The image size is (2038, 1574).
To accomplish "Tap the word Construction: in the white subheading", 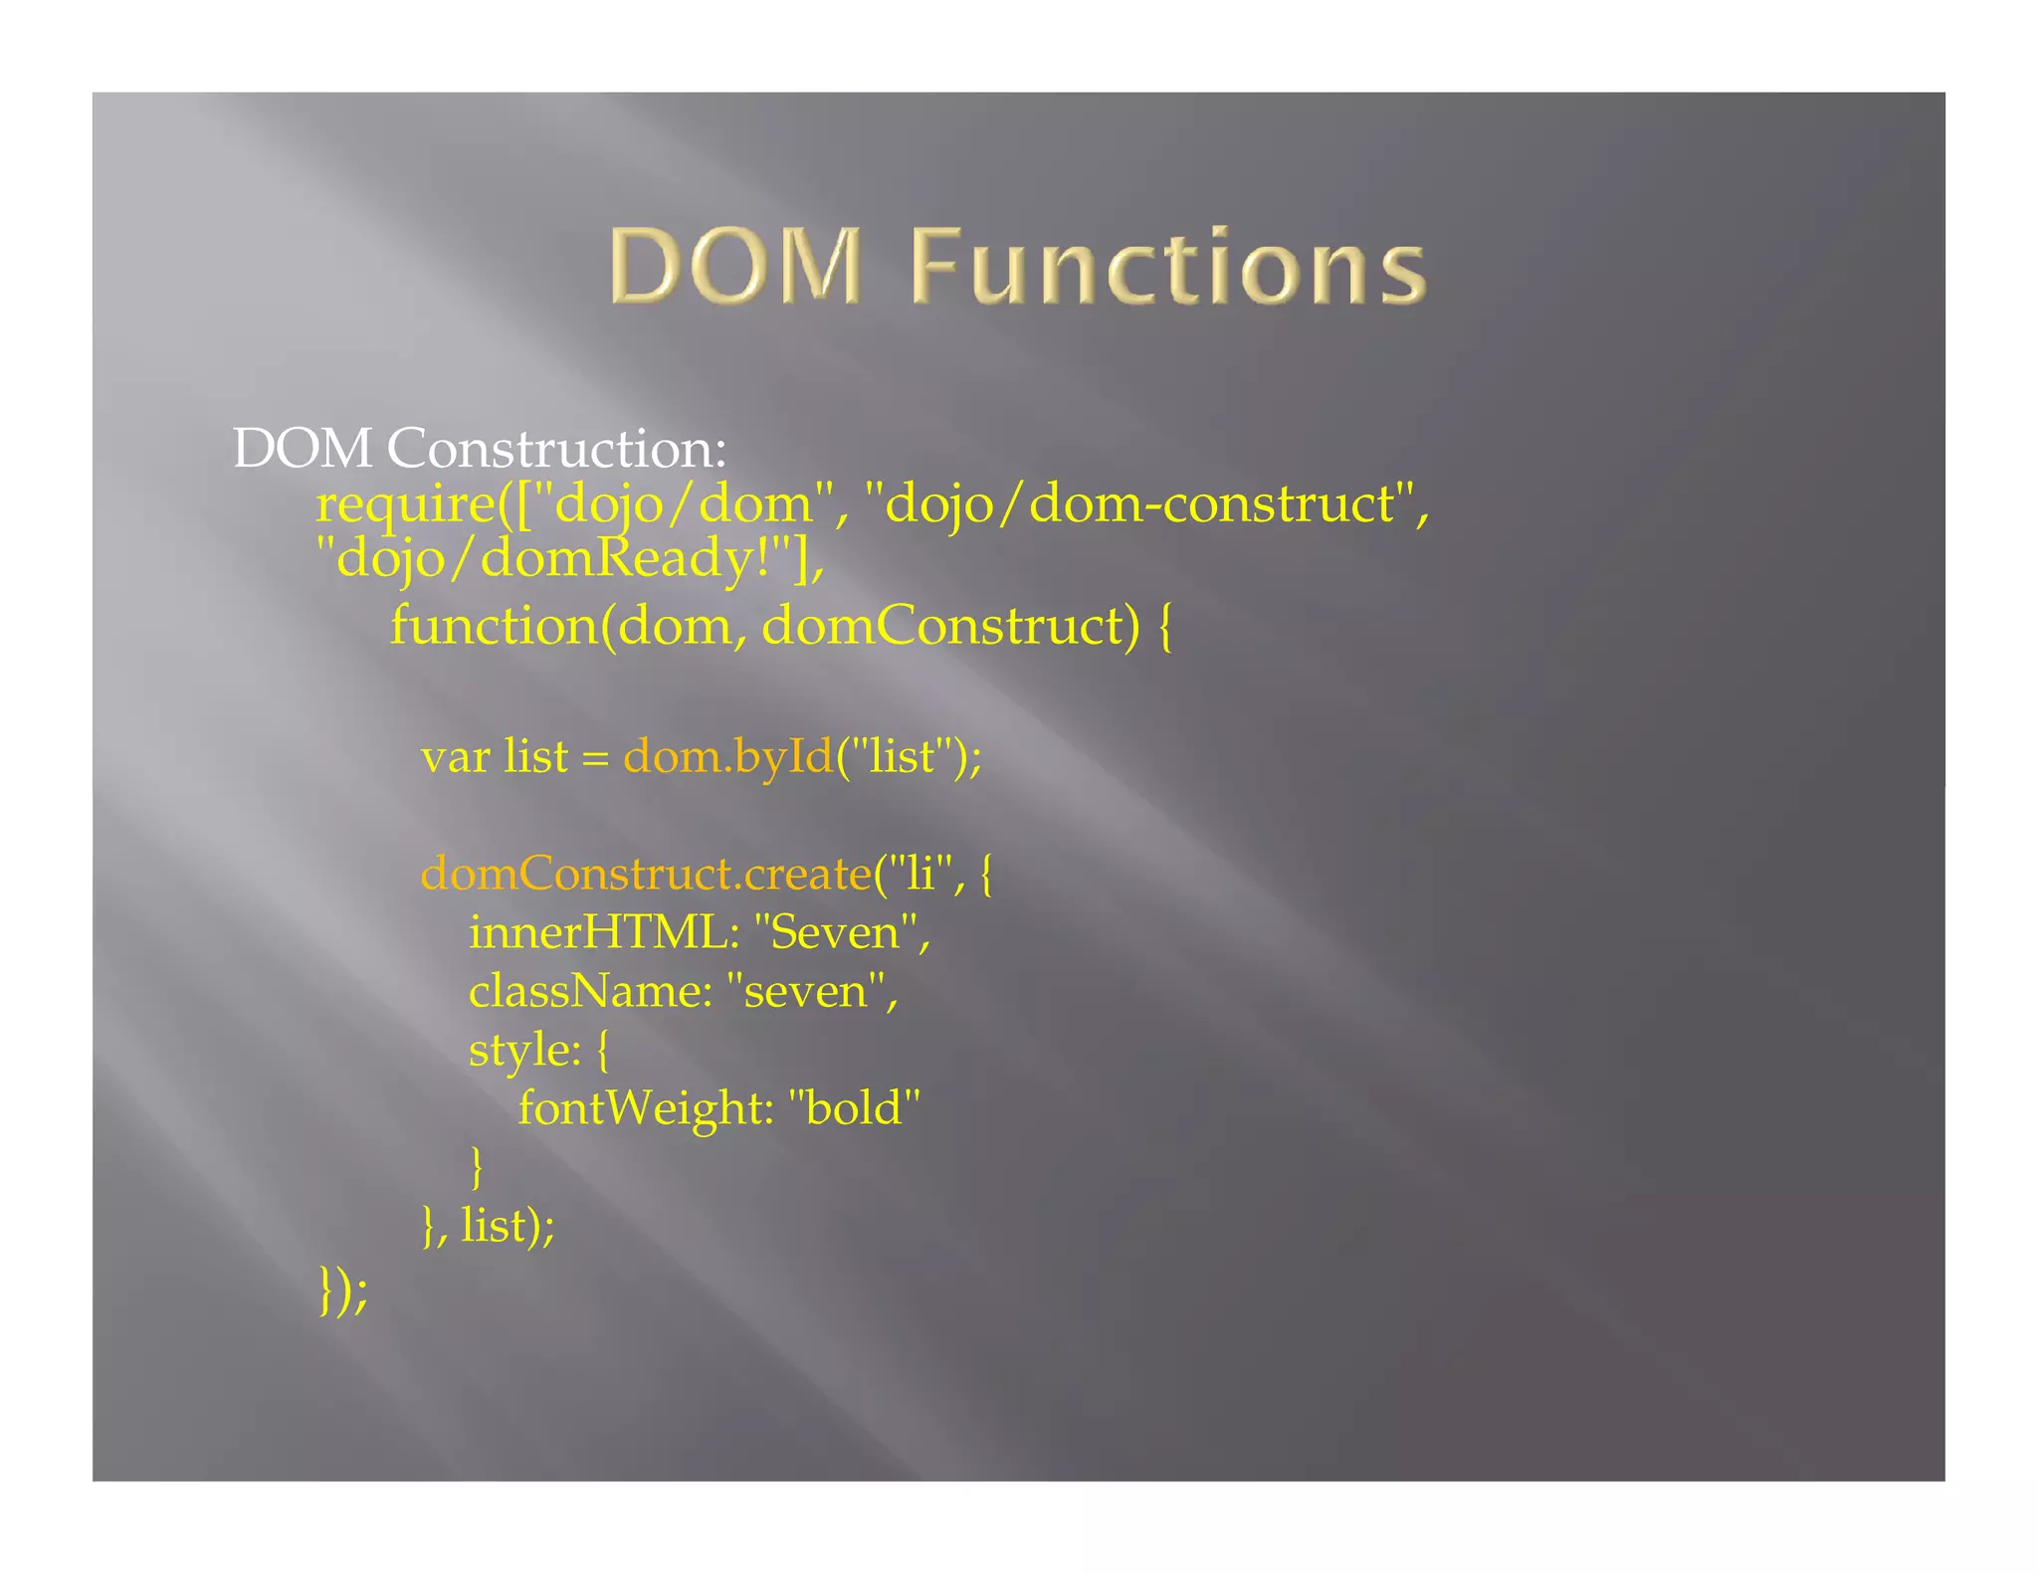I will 557,449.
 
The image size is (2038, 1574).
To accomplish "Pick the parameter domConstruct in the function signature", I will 950,626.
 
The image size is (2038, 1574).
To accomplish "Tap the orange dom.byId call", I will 727,756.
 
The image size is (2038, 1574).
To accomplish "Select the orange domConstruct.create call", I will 646,874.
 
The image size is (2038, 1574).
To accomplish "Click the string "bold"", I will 854,1108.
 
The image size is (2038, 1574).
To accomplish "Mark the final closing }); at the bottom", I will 343,1291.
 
